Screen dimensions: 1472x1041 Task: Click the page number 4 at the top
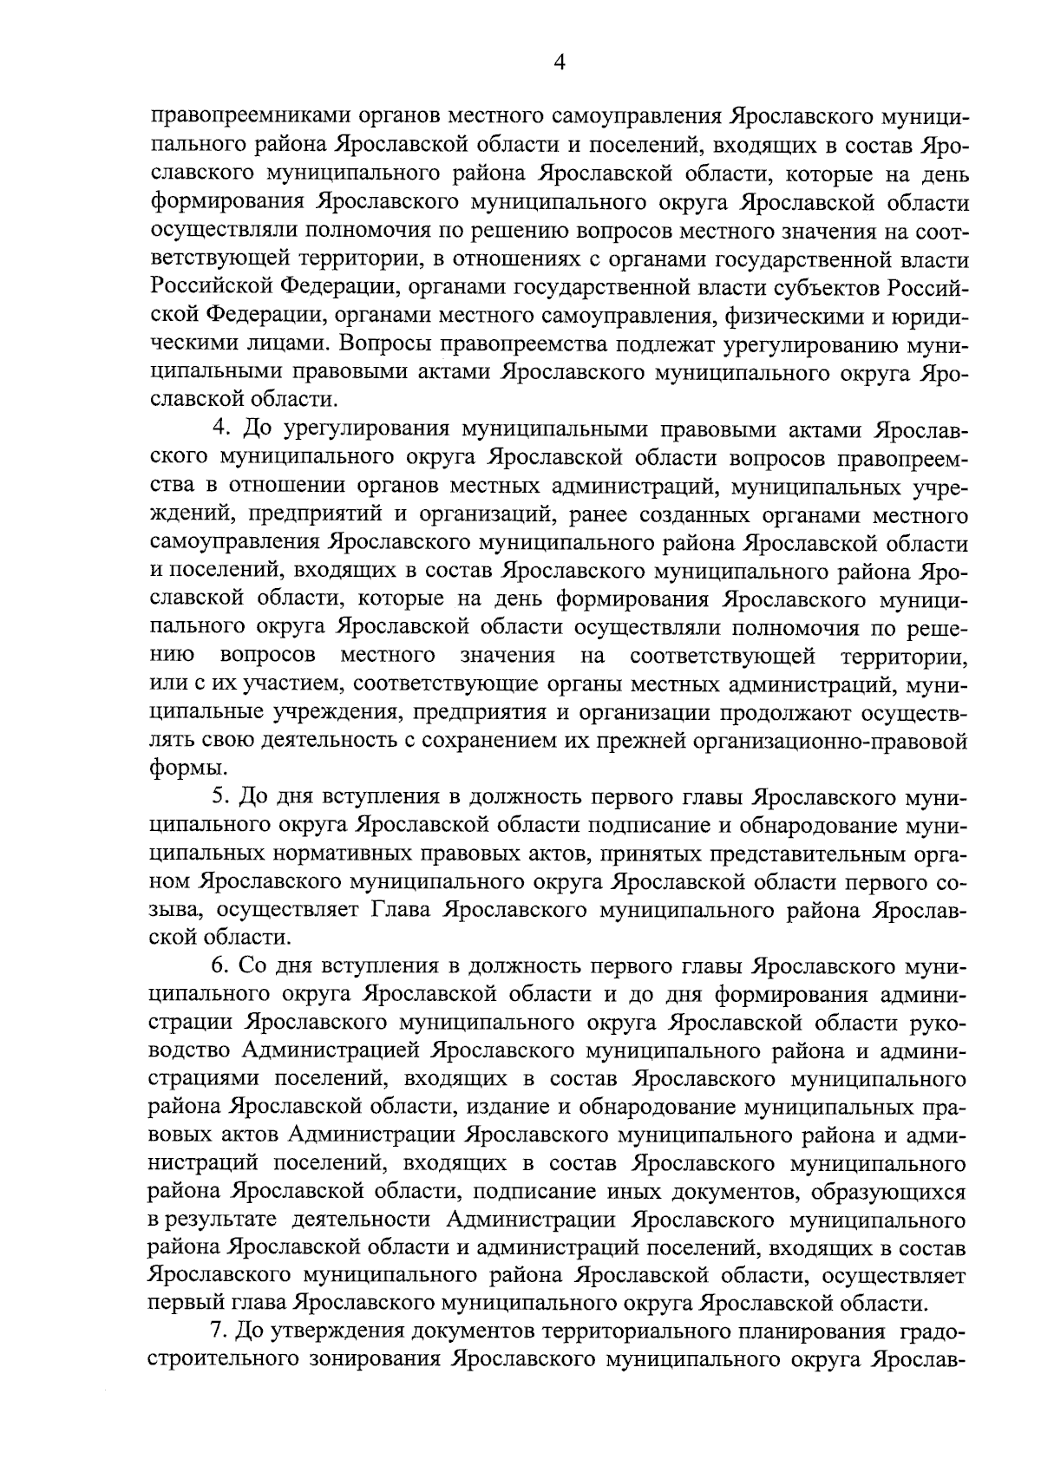(559, 62)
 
